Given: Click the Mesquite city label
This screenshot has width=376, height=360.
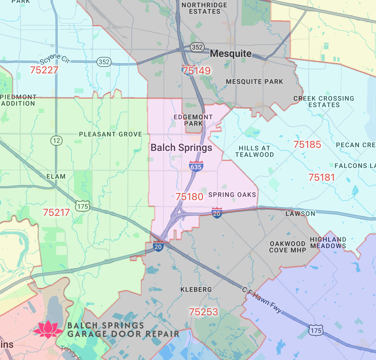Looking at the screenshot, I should (231, 54).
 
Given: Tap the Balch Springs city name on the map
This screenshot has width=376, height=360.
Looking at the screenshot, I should (181, 147).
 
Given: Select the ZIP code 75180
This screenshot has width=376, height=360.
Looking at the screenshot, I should (189, 196).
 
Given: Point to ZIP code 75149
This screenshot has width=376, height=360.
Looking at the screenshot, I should (196, 70).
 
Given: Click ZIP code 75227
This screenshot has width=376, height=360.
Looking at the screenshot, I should (44, 70).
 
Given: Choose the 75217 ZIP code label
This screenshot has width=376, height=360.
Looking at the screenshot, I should (56, 212).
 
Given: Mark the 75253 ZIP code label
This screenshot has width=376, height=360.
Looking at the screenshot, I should (203, 312).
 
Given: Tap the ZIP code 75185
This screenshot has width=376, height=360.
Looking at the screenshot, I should (307, 145).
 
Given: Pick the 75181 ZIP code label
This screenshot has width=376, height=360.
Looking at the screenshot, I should (322, 177).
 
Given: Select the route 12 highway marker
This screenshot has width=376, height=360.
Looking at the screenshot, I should (56, 141).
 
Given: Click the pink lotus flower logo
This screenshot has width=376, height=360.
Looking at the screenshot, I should (48, 329).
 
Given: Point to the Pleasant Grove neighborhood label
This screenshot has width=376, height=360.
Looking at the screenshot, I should (110, 134).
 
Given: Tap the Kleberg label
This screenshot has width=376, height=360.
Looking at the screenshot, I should (196, 289).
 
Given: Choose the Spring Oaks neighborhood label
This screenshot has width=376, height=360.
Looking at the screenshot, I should (232, 195).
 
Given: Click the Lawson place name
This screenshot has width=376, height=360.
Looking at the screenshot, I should (300, 214).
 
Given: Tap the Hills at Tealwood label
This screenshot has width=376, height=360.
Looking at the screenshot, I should (254, 151).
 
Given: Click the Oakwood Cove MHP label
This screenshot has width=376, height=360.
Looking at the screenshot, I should (288, 247).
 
